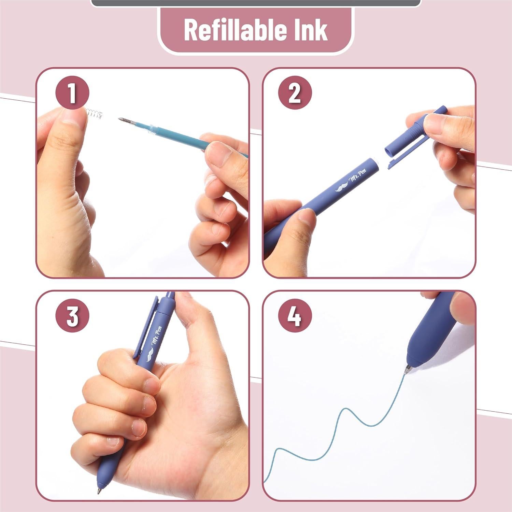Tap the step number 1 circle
point(72,93)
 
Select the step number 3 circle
point(72,316)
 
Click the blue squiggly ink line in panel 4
point(341,420)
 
